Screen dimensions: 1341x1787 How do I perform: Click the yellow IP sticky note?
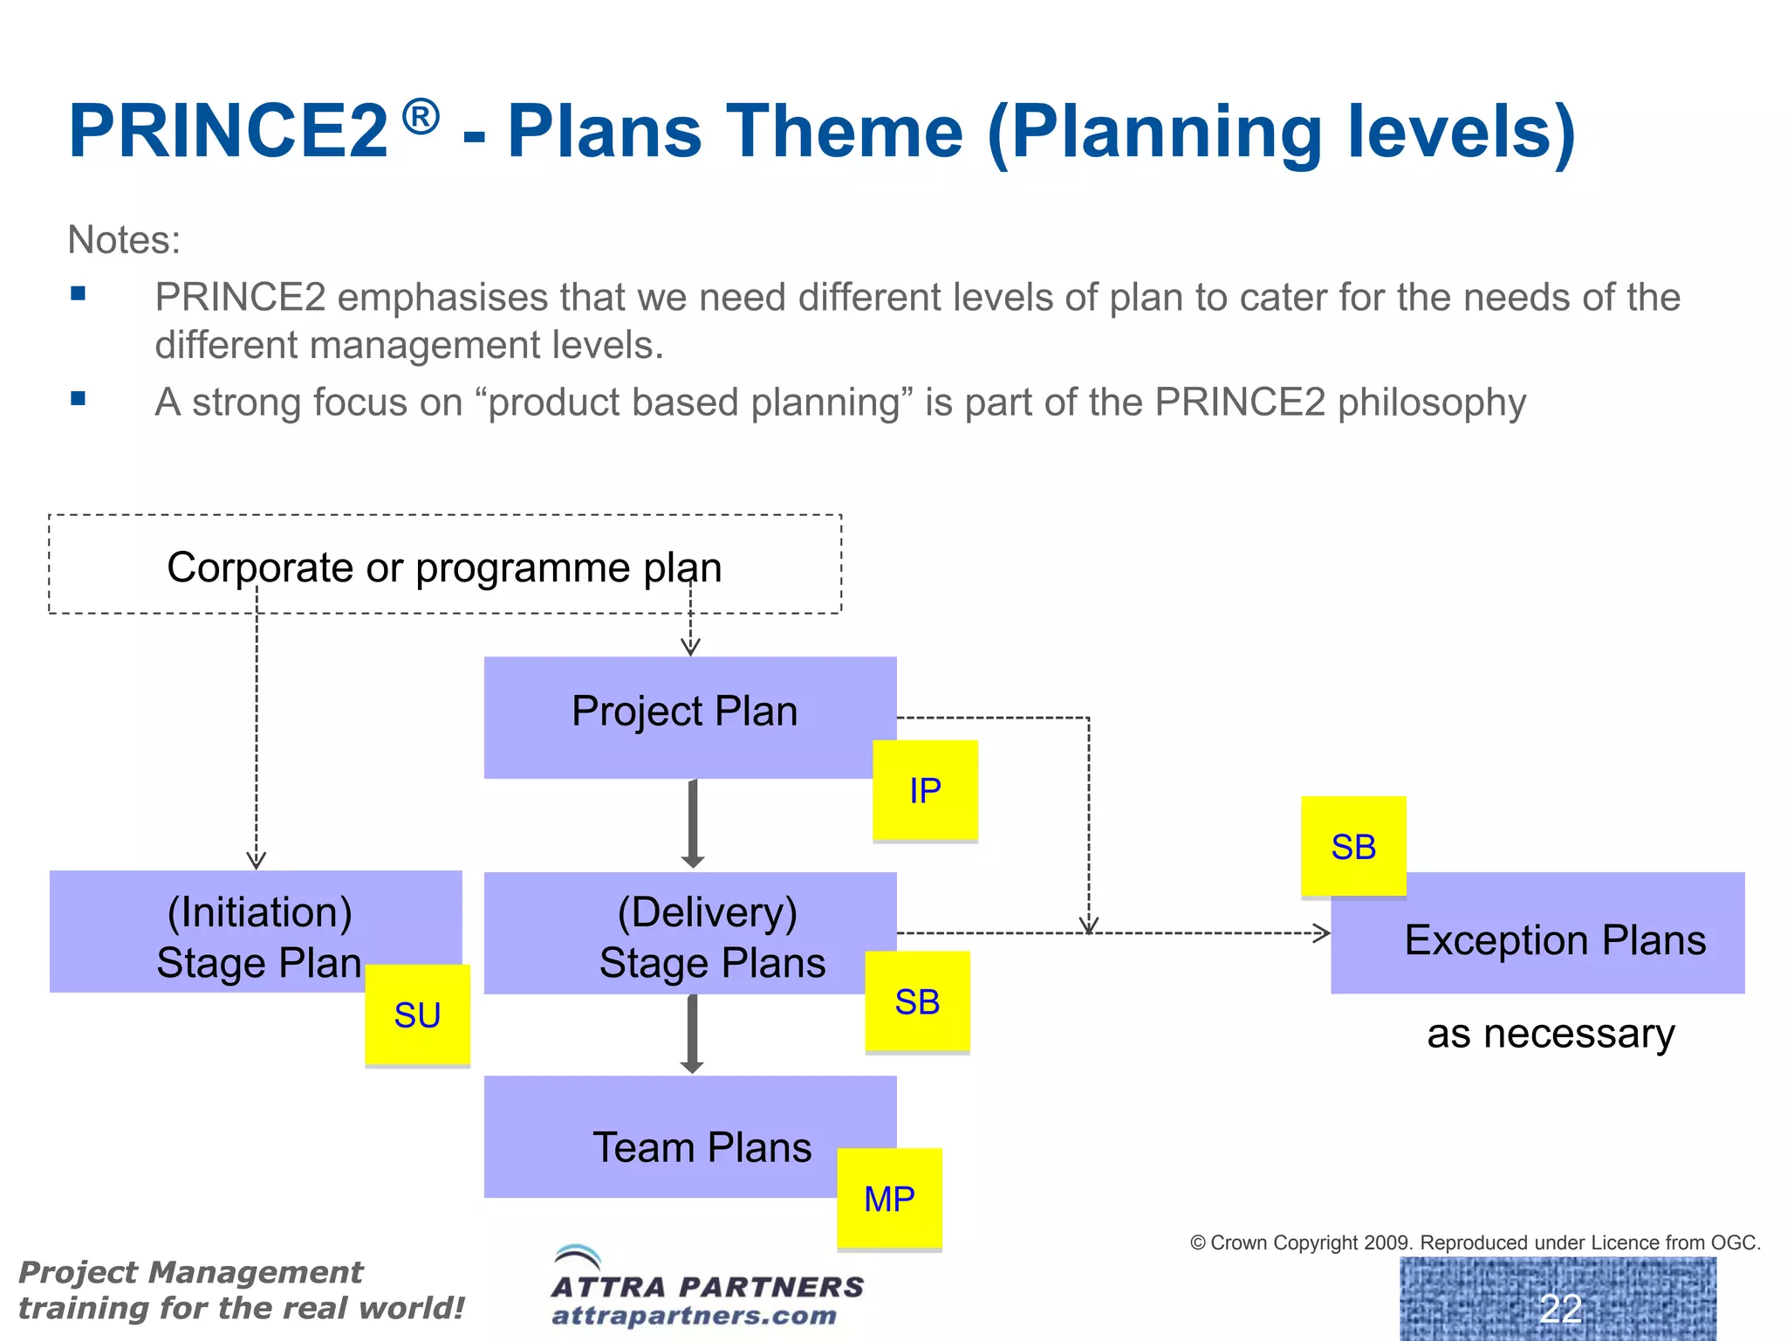pos(925,790)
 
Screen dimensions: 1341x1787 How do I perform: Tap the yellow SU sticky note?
pos(417,1014)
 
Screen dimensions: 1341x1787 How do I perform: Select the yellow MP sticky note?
pos(889,1199)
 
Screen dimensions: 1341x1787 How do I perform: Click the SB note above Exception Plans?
pos(1353,846)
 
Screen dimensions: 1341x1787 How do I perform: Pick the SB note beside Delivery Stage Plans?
pos(917,1001)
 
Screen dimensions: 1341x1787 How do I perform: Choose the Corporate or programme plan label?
pos(444,567)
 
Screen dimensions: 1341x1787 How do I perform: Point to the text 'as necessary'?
pos(1551,1034)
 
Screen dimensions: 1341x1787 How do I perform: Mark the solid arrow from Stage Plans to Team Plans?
pos(692,1034)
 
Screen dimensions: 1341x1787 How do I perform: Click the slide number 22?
pos(1560,1308)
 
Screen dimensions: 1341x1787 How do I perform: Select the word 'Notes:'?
pos(124,240)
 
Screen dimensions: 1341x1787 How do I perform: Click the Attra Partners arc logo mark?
pos(578,1257)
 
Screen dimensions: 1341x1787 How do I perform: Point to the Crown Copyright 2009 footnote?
pos(1475,1242)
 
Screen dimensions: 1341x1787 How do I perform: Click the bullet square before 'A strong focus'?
pos(79,399)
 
